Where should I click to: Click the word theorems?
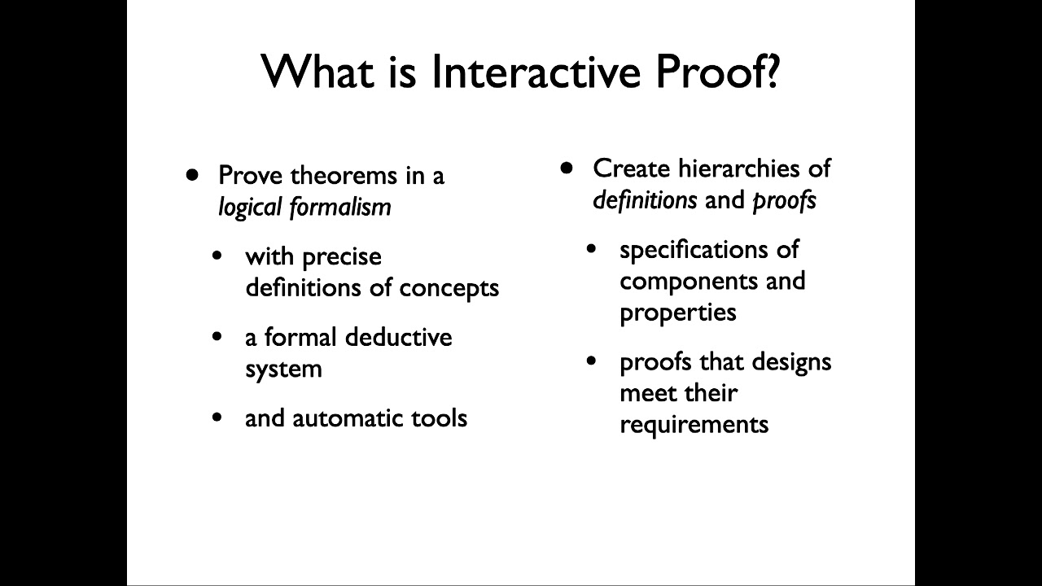[331, 176]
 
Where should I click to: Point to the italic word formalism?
[340, 208]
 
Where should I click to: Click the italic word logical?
[250, 208]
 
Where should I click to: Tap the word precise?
[341, 257]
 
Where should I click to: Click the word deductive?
[398, 338]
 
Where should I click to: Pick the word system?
[283, 370]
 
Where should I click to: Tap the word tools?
[439, 418]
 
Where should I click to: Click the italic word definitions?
[645, 200]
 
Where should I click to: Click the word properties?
[677, 313]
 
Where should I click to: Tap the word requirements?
[694, 425]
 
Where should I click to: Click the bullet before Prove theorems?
[192, 174]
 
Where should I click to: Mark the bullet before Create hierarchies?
[567, 167]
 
